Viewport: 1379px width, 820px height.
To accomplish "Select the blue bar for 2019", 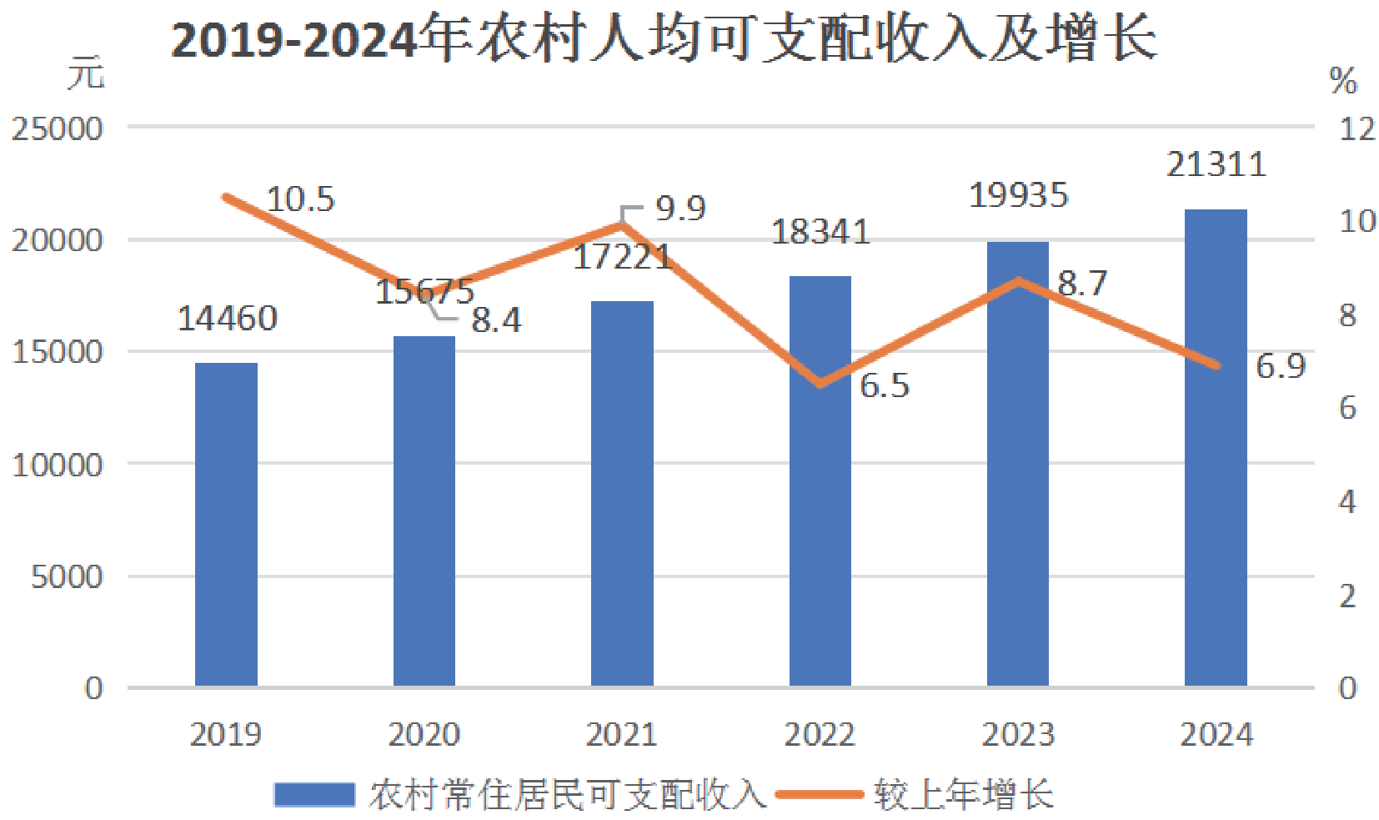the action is (x=226, y=524).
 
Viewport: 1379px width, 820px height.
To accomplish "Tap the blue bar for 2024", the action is (x=1216, y=448).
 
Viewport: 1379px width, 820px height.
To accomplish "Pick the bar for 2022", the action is (x=820, y=481).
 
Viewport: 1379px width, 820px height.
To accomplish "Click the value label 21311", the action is (x=1216, y=164).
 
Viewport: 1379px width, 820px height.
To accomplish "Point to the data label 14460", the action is (x=227, y=319).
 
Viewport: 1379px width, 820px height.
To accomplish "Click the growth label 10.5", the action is (x=301, y=199).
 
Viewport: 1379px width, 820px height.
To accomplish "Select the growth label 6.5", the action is (x=885, y=385).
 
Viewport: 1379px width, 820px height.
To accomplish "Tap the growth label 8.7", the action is (x=1082, y=284).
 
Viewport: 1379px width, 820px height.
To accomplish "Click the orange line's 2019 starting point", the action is (x=227, y=198).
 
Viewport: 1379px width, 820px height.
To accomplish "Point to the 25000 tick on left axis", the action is (x=57, y=129).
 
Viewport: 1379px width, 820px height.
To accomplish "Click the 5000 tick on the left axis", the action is (x=67, y=577).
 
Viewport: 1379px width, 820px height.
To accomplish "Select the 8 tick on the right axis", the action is (x=1347, y=315).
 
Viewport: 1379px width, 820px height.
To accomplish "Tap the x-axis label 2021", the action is (x=622, y=734).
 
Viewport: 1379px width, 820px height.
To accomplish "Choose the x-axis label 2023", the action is (x=1018, y=734).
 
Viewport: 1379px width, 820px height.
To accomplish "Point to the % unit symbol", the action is (x=1343, y=81).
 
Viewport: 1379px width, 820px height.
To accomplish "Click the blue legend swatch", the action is (x=314, y=795).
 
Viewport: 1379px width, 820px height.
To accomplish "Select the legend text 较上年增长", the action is (x=964, y=795).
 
